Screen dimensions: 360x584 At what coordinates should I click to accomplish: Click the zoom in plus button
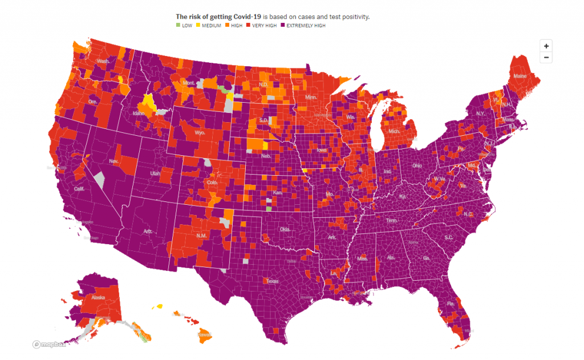click(x=546, y=46)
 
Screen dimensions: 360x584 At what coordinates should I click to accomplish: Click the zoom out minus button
click(x=546, y=57)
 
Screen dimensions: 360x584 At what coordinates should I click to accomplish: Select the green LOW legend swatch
click(x=178, y=26)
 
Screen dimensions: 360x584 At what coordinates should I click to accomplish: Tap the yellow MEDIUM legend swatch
click(x=200, y=26)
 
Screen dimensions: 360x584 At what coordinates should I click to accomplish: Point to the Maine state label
click(x=520, y=76)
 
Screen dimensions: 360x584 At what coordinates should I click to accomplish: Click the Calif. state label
click(x=79, y=188)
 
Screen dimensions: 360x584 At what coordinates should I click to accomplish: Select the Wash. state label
click(x=103, y=62)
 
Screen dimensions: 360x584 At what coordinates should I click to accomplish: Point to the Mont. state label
click(x=189, y=83)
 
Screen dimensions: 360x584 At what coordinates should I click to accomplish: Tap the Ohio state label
click(x=417, y=165)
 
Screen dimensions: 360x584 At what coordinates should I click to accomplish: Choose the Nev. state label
click(x=113, y=161)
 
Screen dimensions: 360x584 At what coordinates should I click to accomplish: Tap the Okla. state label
click(x=285, y=229)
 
